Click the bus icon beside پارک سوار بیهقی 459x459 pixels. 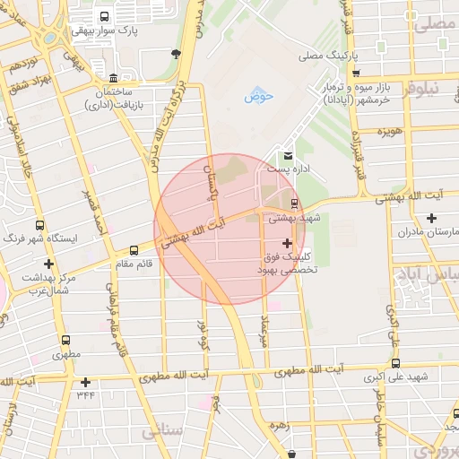click(105, 16)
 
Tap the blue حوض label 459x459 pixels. click(259, 95)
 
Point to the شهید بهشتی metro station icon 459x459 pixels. click(295, 204)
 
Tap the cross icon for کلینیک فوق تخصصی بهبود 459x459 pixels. click(287, 243)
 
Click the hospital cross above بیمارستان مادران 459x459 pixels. click(431, 218)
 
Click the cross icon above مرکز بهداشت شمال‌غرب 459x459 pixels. click(48, 264)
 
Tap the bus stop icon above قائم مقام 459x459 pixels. click(134, 250)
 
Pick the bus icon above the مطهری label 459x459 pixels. click(65, 341)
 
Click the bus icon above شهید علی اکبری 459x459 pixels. click(396, 362)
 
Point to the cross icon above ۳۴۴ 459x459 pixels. click(85, 382)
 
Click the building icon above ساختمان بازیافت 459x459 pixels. click(111, 78)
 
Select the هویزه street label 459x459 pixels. click(388, 132)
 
